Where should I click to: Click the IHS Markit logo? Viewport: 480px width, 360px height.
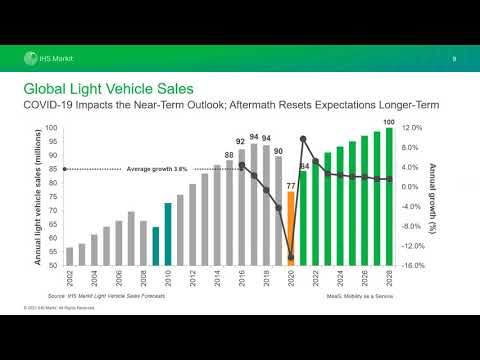pos(48,58)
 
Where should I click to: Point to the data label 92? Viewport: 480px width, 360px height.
pos(241,142)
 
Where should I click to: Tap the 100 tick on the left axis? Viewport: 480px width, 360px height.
pos(51,129)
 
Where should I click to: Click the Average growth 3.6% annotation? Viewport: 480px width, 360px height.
pos(157,169)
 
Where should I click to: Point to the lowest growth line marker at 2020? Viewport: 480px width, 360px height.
pos(290,257)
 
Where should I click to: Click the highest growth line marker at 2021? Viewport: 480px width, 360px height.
pos(302,139)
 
